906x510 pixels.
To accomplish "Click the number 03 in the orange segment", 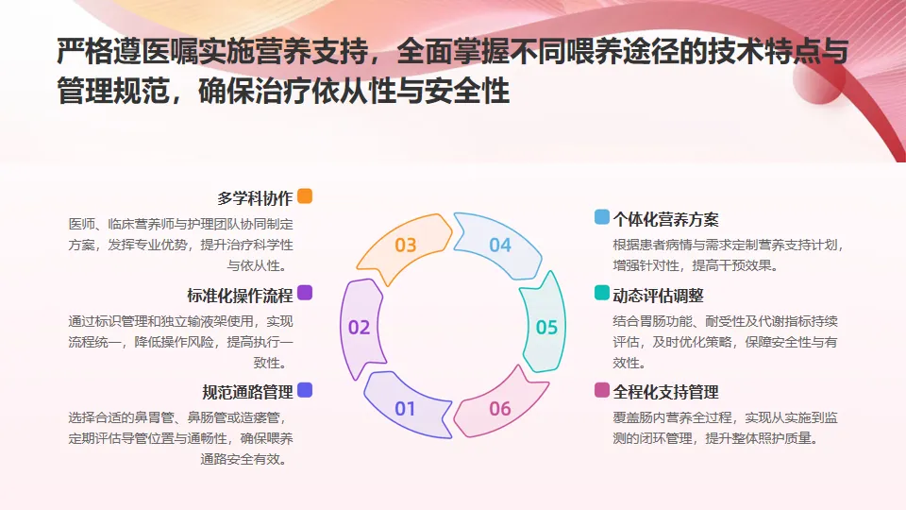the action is click(406, 246).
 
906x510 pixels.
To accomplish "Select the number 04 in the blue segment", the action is click(499, 246).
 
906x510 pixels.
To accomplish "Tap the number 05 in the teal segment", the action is click(546, 328).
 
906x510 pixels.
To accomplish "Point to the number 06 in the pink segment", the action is click(499, 409).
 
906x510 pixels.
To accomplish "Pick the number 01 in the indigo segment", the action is click(405, 409).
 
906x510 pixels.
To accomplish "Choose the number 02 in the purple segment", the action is click(359, 328).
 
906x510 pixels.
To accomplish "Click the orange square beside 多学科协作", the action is click(305, 196).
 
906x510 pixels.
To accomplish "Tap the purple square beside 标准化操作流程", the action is click(305, 293).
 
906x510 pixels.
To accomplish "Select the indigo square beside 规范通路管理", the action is click(305, 390).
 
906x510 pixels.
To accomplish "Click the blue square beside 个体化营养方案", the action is click(601, 217).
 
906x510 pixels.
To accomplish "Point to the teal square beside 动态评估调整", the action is click(601, 294).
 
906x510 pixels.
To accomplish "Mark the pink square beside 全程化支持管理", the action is click(601, 390).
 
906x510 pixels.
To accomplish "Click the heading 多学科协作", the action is click(255, 198).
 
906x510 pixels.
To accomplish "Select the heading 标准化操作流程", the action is click(240, 295).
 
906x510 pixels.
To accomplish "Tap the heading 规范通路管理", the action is click(247, 392).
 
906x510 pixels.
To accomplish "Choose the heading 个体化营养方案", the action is click(666, 219).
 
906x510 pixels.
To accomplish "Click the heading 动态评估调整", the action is click(659, 296).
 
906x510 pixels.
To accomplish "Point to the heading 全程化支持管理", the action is click(666, 392).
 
